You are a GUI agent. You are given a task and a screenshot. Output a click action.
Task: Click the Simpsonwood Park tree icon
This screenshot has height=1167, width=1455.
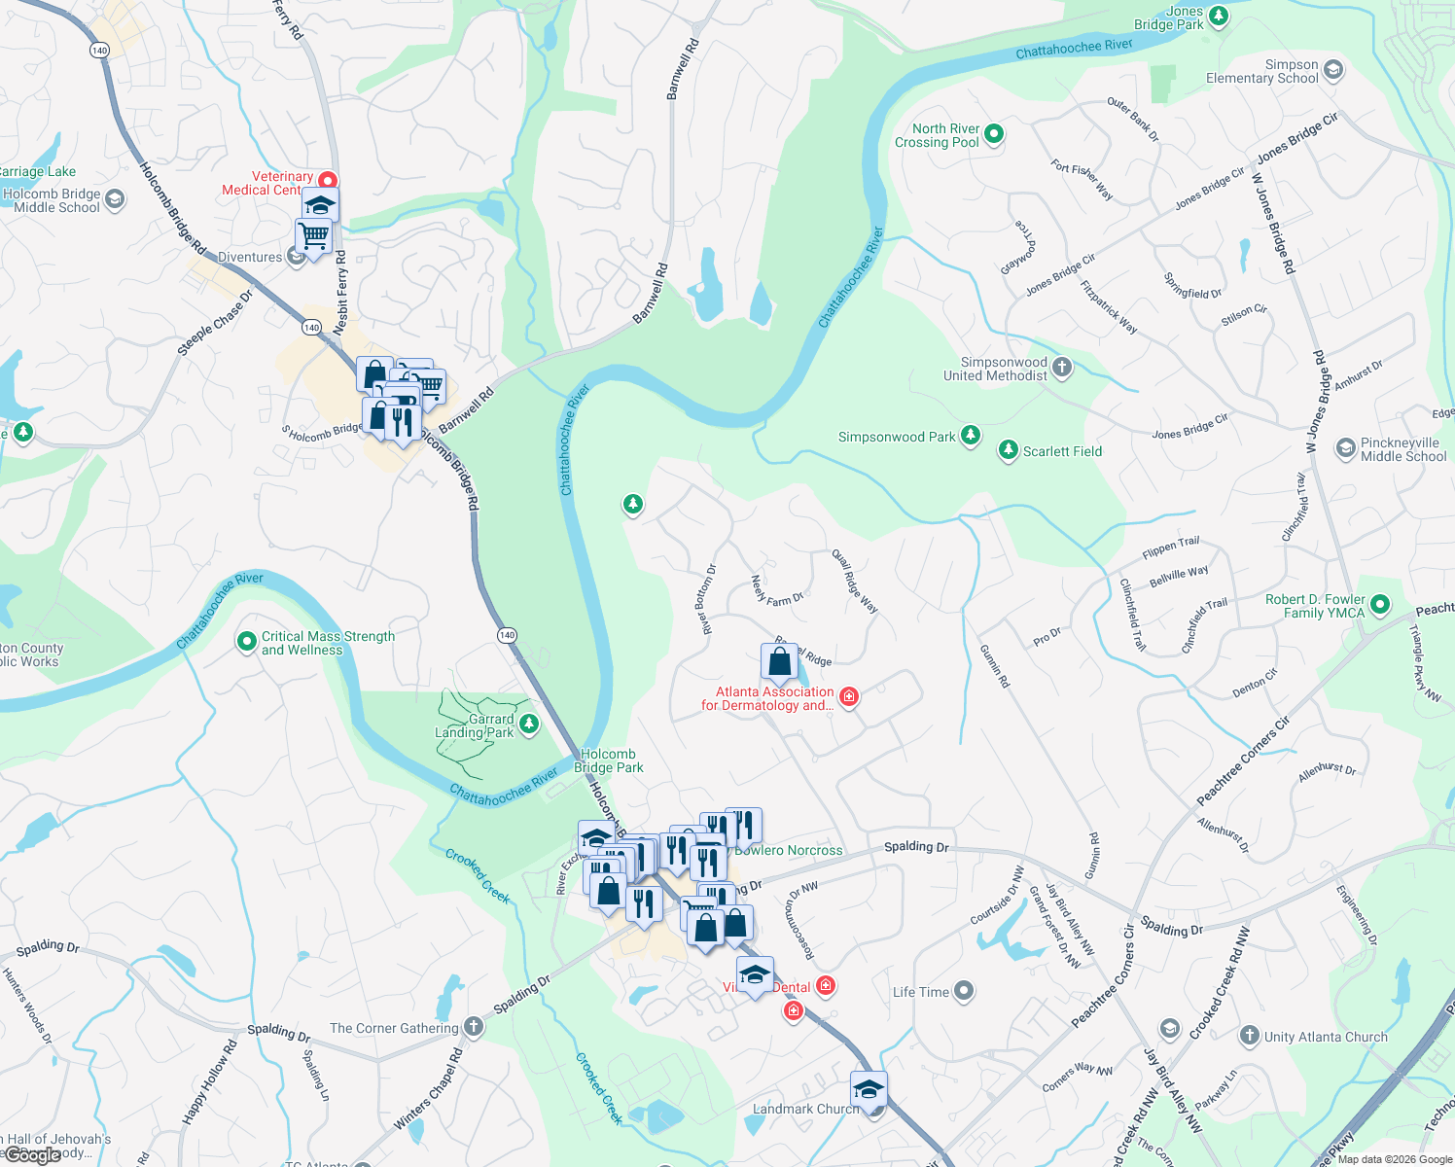click(970, 436)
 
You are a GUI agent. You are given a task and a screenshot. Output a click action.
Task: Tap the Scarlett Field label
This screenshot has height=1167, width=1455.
click(1062, 451)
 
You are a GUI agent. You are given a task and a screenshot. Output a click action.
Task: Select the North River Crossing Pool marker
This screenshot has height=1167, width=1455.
click(994, 134)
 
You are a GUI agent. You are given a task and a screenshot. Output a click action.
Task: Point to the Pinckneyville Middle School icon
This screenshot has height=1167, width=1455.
click(1345, 448)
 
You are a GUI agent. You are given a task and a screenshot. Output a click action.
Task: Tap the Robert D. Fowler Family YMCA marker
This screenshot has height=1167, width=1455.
click(1379, 605)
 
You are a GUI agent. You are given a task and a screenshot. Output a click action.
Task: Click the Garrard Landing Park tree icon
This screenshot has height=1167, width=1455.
click(529, 724)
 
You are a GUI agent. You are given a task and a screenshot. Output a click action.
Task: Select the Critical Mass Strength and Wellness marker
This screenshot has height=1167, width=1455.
click(247, 642)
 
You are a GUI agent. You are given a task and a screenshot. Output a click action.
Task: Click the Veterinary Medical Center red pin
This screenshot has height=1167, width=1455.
click(328, 181)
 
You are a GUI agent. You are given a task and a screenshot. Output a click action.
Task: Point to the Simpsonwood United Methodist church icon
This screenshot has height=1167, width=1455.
click(1062, 368)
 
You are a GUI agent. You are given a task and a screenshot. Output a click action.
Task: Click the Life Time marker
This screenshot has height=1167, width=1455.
click(963, 991)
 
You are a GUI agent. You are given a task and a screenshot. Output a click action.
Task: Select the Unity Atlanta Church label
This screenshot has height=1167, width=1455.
click(1326, 1037)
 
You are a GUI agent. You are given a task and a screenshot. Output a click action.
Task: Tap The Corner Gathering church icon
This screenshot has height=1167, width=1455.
click(473, 1027)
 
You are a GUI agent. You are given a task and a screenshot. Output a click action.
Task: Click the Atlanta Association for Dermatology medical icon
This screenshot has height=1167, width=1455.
click(848, 696)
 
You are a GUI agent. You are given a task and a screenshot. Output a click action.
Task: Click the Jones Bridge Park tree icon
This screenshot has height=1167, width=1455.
click(1218, 17)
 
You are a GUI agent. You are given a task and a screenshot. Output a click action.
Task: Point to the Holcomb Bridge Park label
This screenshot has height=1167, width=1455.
click(608, 760)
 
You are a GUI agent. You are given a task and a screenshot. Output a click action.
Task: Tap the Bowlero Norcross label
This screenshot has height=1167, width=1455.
click(790, 850)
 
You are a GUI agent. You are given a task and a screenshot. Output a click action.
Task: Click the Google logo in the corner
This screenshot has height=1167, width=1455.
click(33, 1155)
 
